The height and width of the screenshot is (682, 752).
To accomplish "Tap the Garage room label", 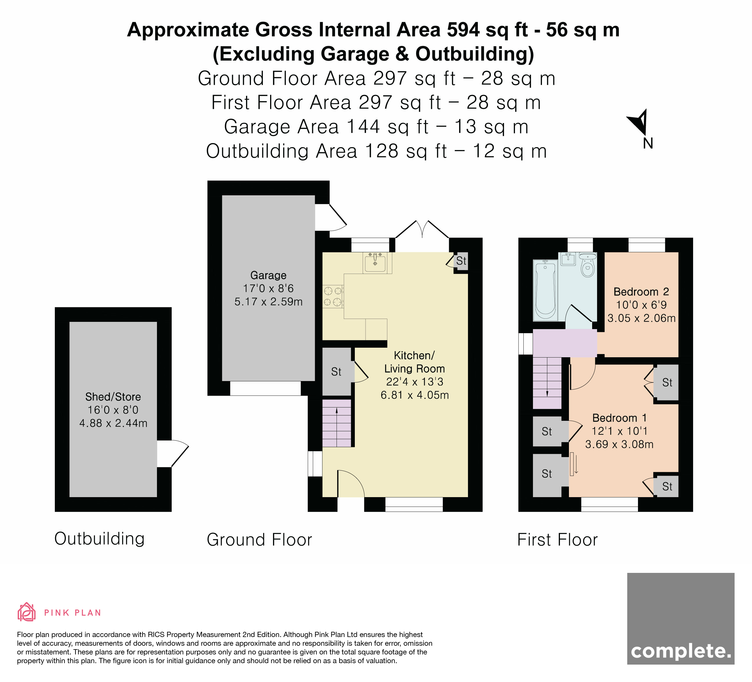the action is tap(268, 275).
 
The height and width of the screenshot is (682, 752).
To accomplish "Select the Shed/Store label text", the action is tap(113, 397).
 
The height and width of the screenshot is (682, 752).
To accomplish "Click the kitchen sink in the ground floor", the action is tap(375, 263).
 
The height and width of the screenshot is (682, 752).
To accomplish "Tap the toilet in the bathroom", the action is tap(588, 265).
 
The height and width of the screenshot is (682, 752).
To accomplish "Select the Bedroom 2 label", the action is tap(641, 292).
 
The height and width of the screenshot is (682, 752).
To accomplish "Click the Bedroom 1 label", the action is tap(619, 418).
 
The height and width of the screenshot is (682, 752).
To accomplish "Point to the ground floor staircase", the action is tap(337, 423).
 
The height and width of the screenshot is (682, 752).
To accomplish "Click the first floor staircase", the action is tap(547, 383).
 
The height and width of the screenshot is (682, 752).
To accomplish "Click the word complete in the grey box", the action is tap(681, 651).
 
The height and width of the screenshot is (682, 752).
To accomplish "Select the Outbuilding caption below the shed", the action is tap(99, 539).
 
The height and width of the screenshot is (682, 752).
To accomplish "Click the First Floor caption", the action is tap(557, 540).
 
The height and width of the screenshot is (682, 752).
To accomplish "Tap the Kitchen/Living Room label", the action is tap(414, 362).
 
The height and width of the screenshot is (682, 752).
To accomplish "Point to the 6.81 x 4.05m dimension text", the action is tap(414, 395).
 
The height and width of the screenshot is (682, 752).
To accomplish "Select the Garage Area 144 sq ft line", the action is tap(376, 127).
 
